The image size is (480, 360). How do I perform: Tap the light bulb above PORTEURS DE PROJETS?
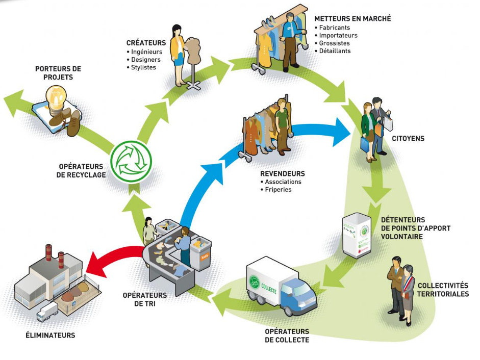pos(56,95)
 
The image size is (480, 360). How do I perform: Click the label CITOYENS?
pos(408,138)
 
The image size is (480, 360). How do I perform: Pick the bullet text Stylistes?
pos(143,67)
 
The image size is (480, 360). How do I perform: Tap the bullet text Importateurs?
pos(338,35)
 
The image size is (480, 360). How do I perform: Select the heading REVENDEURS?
pos(282,173)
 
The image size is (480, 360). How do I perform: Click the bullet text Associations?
pos(283,182)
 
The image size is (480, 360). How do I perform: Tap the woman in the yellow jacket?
pos(178,54)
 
